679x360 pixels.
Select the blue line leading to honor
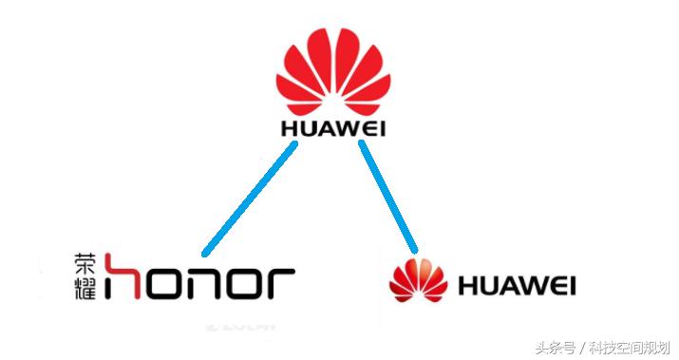250,195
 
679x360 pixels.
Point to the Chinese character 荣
85,262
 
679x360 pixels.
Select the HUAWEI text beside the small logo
517,285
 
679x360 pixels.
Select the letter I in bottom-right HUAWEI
571,285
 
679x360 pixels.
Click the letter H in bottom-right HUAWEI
465,285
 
